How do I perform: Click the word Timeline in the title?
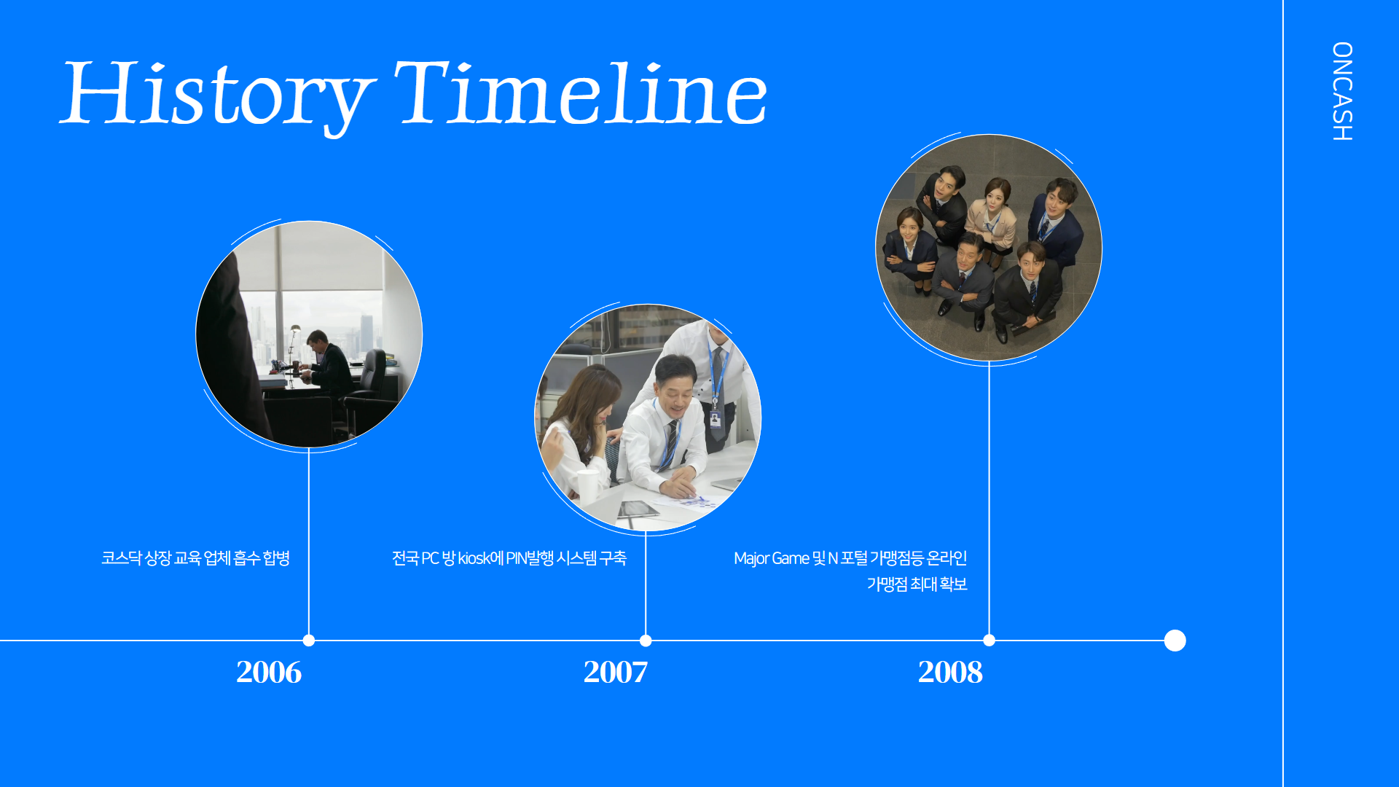581,93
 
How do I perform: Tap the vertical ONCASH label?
1341,91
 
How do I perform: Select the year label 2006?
269,672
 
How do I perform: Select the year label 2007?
616,672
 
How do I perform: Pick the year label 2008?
950,672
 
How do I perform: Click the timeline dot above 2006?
309,641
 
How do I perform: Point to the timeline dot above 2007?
646,641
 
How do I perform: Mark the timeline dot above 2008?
989,641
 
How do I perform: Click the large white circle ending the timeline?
1175,641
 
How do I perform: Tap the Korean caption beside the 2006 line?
195,558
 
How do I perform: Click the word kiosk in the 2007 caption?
474,558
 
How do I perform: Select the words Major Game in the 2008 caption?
772,559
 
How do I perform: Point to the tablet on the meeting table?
640,509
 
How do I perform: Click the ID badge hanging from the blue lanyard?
716,420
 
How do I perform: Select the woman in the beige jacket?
991,219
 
